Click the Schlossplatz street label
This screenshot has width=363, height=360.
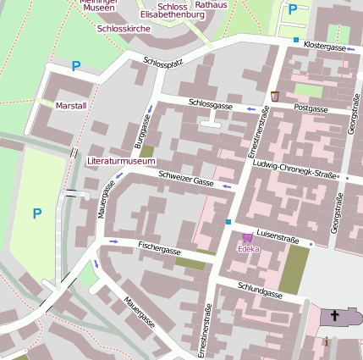(x=163, y=63)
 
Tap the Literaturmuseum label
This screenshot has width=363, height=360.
(x=121, y=160)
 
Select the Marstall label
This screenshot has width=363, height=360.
(x=70, y=106)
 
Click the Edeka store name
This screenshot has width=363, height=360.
(x=248, y=249)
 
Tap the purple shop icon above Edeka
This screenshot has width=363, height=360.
(x=247, y=238)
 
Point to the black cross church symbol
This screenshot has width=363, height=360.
(x=334, y=317)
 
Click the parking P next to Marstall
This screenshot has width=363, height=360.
(x=76, y=65)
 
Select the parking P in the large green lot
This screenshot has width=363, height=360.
(x=36, y=213)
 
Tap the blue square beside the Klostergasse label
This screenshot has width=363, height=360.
(x=295, y=40)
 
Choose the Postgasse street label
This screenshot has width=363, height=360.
(x=311, y=109)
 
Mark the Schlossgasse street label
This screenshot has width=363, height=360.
(x=211, y=104)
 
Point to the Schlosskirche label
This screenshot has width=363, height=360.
(x=124, y=28)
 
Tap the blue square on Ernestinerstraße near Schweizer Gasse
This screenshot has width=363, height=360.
(x=228, y=222)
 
